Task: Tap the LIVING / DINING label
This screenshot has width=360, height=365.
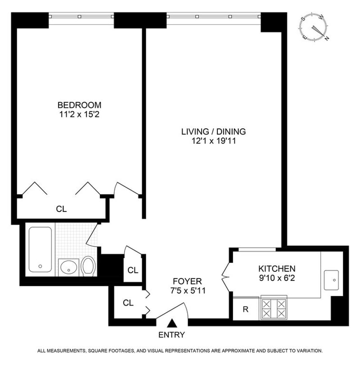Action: point(213,132)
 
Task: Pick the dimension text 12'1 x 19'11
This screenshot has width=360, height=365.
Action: point(213,142)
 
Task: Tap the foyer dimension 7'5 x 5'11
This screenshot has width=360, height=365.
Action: point(189,291)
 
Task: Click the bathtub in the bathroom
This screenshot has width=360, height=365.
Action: point(40,249)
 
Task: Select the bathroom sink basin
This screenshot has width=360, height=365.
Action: point(68,267)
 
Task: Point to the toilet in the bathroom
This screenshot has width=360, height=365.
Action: point(88,266)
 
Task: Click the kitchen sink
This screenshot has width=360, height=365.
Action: point(332,280)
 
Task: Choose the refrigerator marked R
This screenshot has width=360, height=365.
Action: point(245,309)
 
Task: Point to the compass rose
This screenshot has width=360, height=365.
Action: point(314,28)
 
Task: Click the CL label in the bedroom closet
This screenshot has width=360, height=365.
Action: point(61,209)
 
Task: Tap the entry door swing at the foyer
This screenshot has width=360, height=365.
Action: point(173,311)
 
